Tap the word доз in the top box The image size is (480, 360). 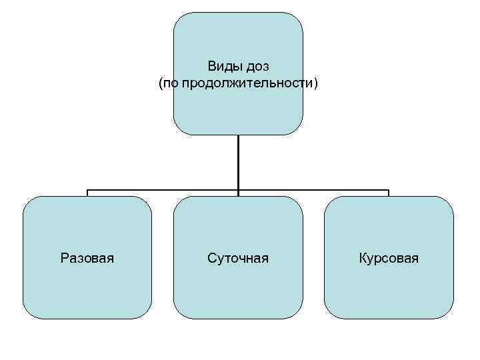pos(255,67)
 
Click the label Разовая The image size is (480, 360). pos(87,257)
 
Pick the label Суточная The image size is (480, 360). pos(238,257)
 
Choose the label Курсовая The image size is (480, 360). pos(389,257)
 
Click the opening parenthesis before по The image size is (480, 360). pos(161,84)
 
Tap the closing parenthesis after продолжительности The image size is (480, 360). pos(316,84)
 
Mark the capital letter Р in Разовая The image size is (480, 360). pos(64,257)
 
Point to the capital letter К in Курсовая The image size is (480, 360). pos(363,257)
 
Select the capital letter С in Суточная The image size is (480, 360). pos(211,257)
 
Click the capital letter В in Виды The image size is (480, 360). pos(211,67)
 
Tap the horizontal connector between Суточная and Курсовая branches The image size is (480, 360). pos(313,190)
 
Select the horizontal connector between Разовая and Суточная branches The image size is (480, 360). pos(163,190)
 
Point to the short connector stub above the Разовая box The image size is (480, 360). pos(87,193)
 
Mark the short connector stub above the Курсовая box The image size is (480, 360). pos(389,193)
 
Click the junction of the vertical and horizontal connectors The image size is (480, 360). pos(238,190)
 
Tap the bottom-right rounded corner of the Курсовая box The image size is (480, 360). pos(447,313)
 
